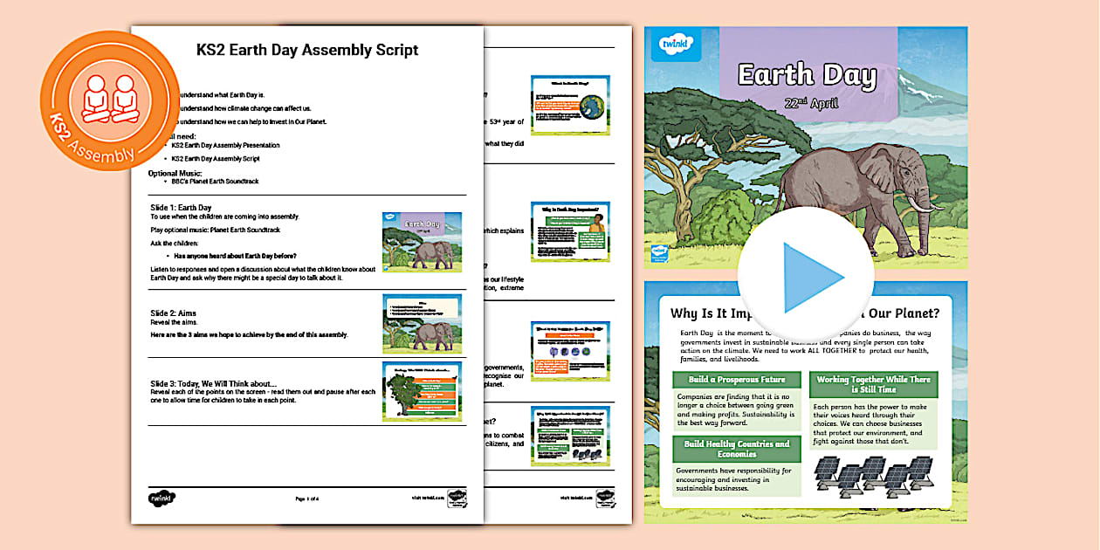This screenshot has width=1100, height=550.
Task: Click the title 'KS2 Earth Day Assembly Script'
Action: pos(307,50)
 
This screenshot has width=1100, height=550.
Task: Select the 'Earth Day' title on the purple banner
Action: pos(807,75)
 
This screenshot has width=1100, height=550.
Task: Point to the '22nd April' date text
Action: pos(811,103)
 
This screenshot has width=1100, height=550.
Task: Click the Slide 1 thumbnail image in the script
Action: pos(422,242)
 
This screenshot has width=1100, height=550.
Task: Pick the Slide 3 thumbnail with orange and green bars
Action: pos(422,392)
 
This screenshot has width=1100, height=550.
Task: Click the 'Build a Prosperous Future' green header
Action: pos(736,380)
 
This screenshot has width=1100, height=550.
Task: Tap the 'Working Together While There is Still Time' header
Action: pos(873,384)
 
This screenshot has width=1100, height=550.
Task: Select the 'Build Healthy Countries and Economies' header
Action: pos(736,449)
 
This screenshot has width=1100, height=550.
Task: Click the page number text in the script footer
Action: pos(307,498)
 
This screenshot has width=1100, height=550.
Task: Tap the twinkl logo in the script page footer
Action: pos(162,498)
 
